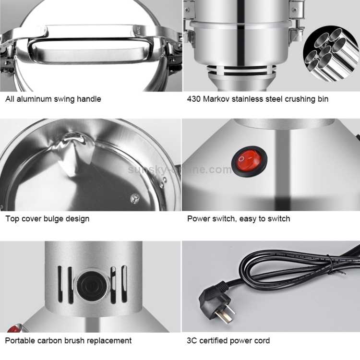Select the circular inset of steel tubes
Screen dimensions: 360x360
(331, 54)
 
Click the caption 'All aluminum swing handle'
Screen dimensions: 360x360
(53, 99)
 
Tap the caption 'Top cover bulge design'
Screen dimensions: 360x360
(48, 219)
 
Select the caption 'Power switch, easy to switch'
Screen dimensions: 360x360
(239, 219)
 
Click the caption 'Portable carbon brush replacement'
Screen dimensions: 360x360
(69, 341)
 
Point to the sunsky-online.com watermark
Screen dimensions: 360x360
(180, 169)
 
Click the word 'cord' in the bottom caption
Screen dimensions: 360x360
(262, 341)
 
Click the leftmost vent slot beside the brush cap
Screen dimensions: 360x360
(60, 285)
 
